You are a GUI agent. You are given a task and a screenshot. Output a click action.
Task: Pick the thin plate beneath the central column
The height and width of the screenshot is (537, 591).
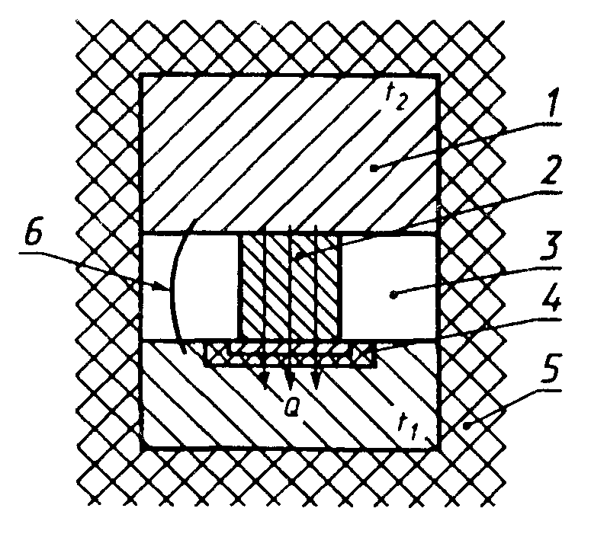[290, 351]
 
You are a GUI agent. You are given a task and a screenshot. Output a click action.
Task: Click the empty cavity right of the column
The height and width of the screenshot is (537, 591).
[389, 286]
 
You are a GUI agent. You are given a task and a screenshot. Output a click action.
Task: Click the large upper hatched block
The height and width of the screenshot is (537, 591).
[290, 152]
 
